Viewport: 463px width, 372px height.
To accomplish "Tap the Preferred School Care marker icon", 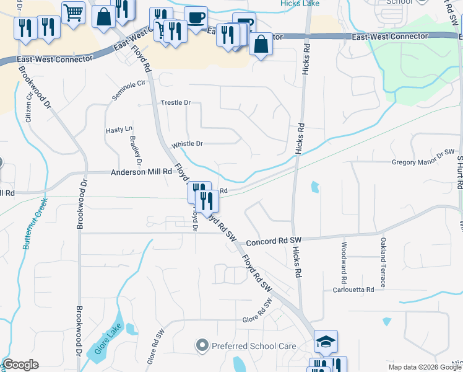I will coord(202,345).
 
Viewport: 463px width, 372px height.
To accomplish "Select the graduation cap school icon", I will coord(326,340).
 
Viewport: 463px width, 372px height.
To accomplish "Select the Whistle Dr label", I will coord(187,144).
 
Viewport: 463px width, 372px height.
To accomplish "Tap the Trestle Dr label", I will coord(176,102).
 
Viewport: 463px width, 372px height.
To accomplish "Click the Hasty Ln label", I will coord(119,130).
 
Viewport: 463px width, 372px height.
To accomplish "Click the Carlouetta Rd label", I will coord(353,290).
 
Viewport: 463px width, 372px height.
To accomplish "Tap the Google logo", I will coord(20,365).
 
